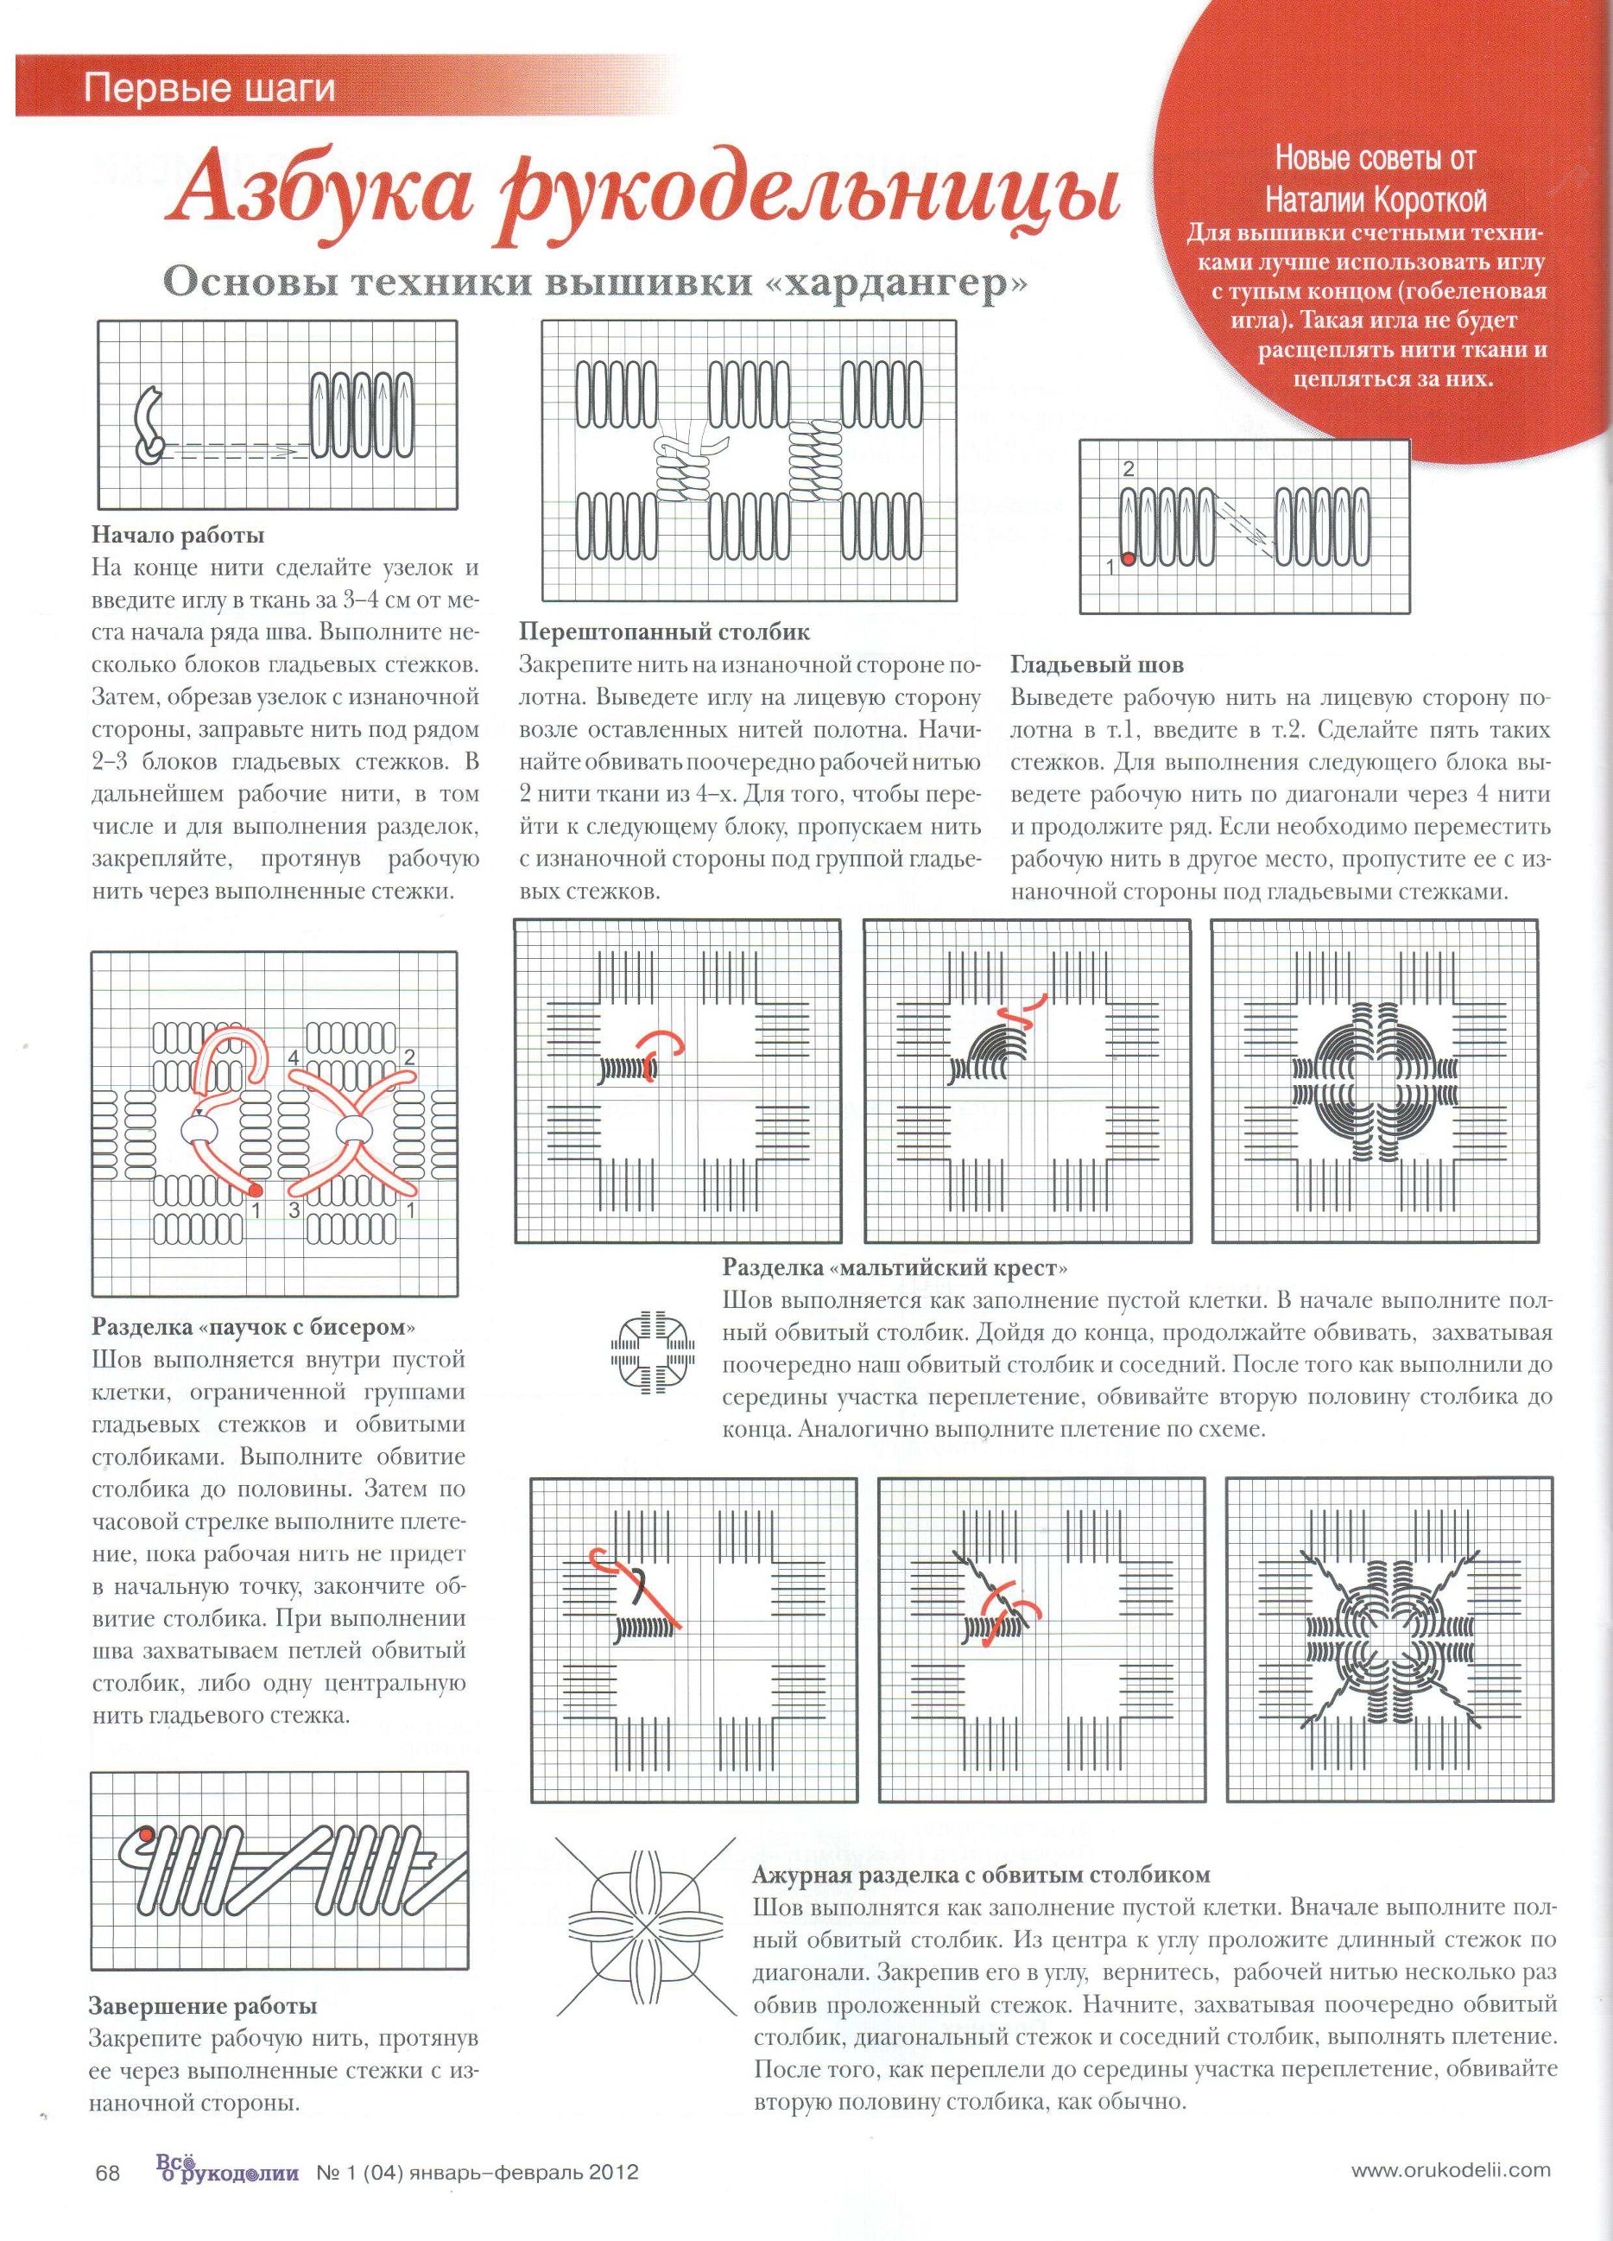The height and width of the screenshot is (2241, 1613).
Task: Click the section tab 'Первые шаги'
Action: (210, 90)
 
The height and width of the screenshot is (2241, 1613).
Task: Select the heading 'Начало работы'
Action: (178, 536)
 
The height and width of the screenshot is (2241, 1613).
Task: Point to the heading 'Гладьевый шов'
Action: (1097, 666)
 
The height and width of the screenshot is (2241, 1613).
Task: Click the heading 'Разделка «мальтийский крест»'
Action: (896, 1267)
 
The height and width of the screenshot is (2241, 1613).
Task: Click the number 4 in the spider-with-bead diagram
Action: (294, 1059)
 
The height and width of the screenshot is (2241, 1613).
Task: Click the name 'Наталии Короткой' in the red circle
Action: (1376, 201)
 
